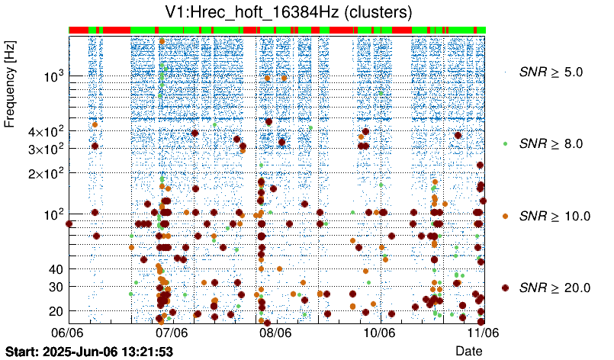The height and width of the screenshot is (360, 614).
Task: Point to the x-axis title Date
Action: (469, 350)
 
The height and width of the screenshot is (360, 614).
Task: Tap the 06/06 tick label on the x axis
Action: (67, 333)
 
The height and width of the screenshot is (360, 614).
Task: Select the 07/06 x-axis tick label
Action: (172, 333)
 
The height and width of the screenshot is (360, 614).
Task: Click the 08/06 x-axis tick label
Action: (275, 333)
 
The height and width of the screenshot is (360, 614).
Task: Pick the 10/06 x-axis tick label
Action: (379, 333)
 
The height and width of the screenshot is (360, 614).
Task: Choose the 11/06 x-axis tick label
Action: (484, 333)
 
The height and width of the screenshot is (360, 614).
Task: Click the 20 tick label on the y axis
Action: (55, 311)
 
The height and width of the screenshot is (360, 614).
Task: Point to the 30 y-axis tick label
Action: (55, 287)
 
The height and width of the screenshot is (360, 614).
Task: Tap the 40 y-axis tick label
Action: (55, 269)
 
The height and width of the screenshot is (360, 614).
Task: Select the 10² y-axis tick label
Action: (53, 214)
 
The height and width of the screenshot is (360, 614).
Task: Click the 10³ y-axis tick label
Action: (53, 76)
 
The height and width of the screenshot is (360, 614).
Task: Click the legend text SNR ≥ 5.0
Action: (551, 72)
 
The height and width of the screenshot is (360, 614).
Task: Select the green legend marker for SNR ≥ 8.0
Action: (505, 143)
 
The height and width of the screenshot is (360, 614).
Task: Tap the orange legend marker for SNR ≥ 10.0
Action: (505, 216)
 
